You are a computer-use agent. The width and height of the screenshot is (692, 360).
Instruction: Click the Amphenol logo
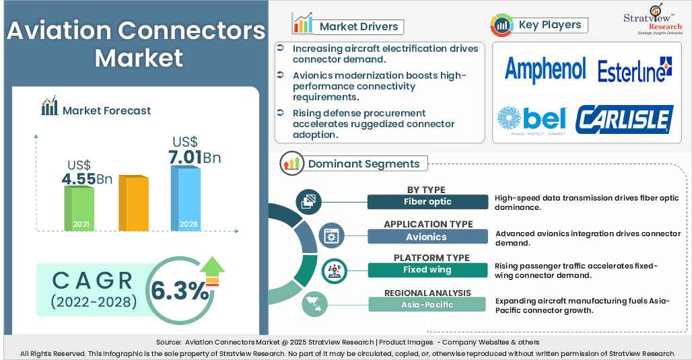coord(545,71)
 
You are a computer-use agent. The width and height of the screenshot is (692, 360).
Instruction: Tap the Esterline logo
coord(635,71)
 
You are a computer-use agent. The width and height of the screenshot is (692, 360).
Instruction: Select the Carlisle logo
coord(625,120)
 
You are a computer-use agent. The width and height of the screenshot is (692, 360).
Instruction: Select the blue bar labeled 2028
coord(186,199)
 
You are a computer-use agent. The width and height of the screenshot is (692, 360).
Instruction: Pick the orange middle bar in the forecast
coord(133,203)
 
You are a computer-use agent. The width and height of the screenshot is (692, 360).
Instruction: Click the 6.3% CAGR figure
coord(179,291)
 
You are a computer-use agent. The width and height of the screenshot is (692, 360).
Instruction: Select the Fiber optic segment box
coord(427,202)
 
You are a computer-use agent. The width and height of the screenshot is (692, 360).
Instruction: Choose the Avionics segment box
coord(427,236)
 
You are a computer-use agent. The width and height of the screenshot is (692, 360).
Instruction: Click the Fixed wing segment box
coord(427,270)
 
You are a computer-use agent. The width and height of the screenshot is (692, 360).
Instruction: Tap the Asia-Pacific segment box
coord(427,304)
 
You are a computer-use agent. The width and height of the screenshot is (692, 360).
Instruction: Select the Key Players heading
coord(549,25)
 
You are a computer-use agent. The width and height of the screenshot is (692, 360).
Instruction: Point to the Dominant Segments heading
coord(364,164)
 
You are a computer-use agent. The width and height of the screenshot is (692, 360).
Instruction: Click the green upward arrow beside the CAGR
coord(212,270)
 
